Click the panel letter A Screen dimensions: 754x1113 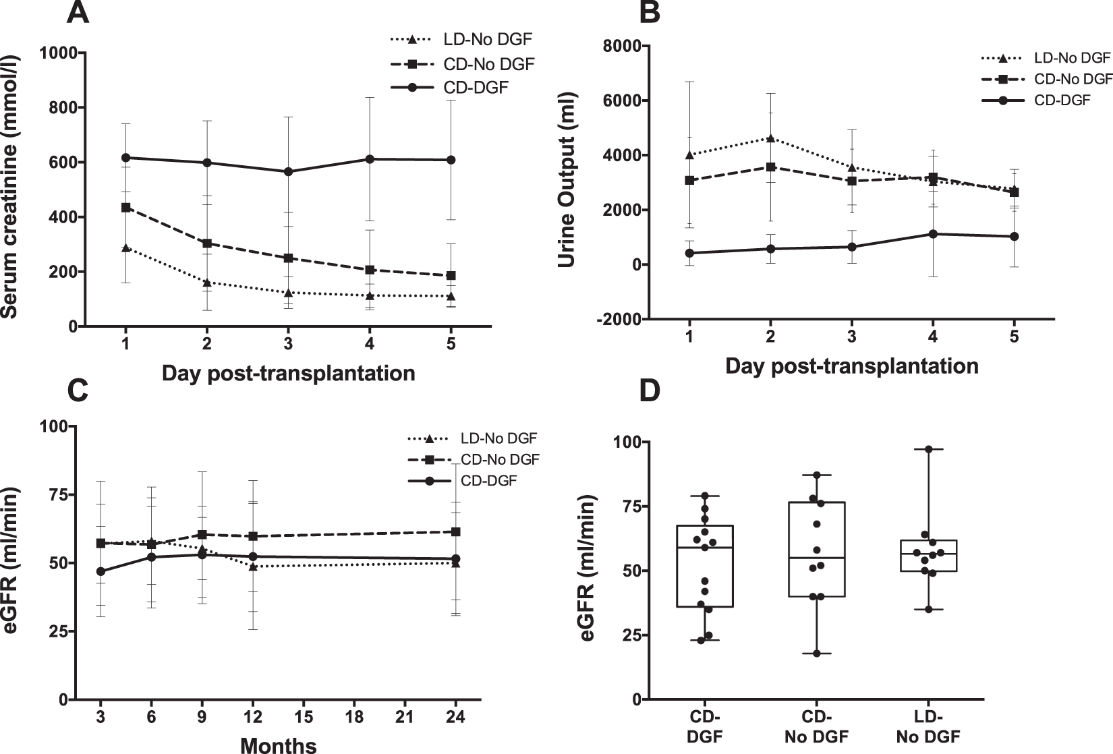click(x=78, y=13)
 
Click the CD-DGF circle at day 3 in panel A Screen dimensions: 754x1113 click(x=288, y=171)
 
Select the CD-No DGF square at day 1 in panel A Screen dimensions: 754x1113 click(x=125, y=207)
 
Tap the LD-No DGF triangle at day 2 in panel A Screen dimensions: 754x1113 click(x=207, y=282)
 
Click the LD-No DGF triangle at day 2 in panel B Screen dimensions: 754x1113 click(x=770, y=138)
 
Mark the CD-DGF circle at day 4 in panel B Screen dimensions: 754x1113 click(x=933, y=234)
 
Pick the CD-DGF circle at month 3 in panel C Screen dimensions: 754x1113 click(x=101, y=571)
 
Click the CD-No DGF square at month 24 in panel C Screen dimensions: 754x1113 click(x=456, y=531)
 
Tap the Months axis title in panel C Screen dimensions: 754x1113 click(x=279, y=745)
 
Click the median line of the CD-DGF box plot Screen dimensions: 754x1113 click(x=705, y=548)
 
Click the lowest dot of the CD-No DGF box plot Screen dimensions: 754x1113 click(x=817, y=654)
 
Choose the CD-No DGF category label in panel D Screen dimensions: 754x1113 click(x=817, y=727)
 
